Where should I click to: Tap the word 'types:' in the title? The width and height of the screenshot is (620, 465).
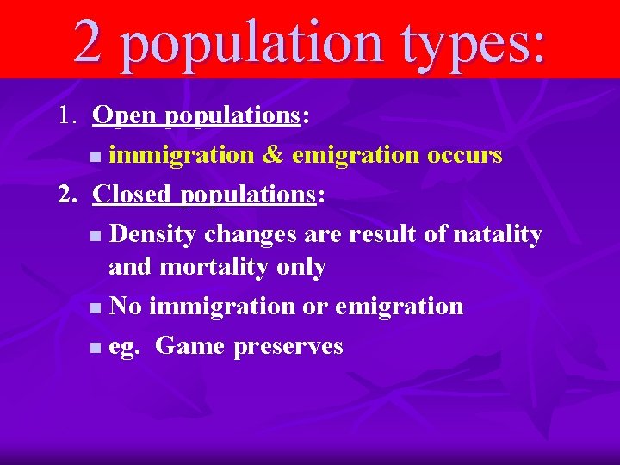[x=472, y=41]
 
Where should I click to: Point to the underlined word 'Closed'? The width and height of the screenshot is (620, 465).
[x=132, y=195]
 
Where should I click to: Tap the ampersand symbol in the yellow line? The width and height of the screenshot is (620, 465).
[x=273, y=155]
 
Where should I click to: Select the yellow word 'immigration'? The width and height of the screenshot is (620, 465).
[x=182, y=155]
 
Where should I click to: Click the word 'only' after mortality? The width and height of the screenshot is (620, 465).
[x=301, y=268]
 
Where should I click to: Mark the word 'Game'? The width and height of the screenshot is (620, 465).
[x=189, y=346]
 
